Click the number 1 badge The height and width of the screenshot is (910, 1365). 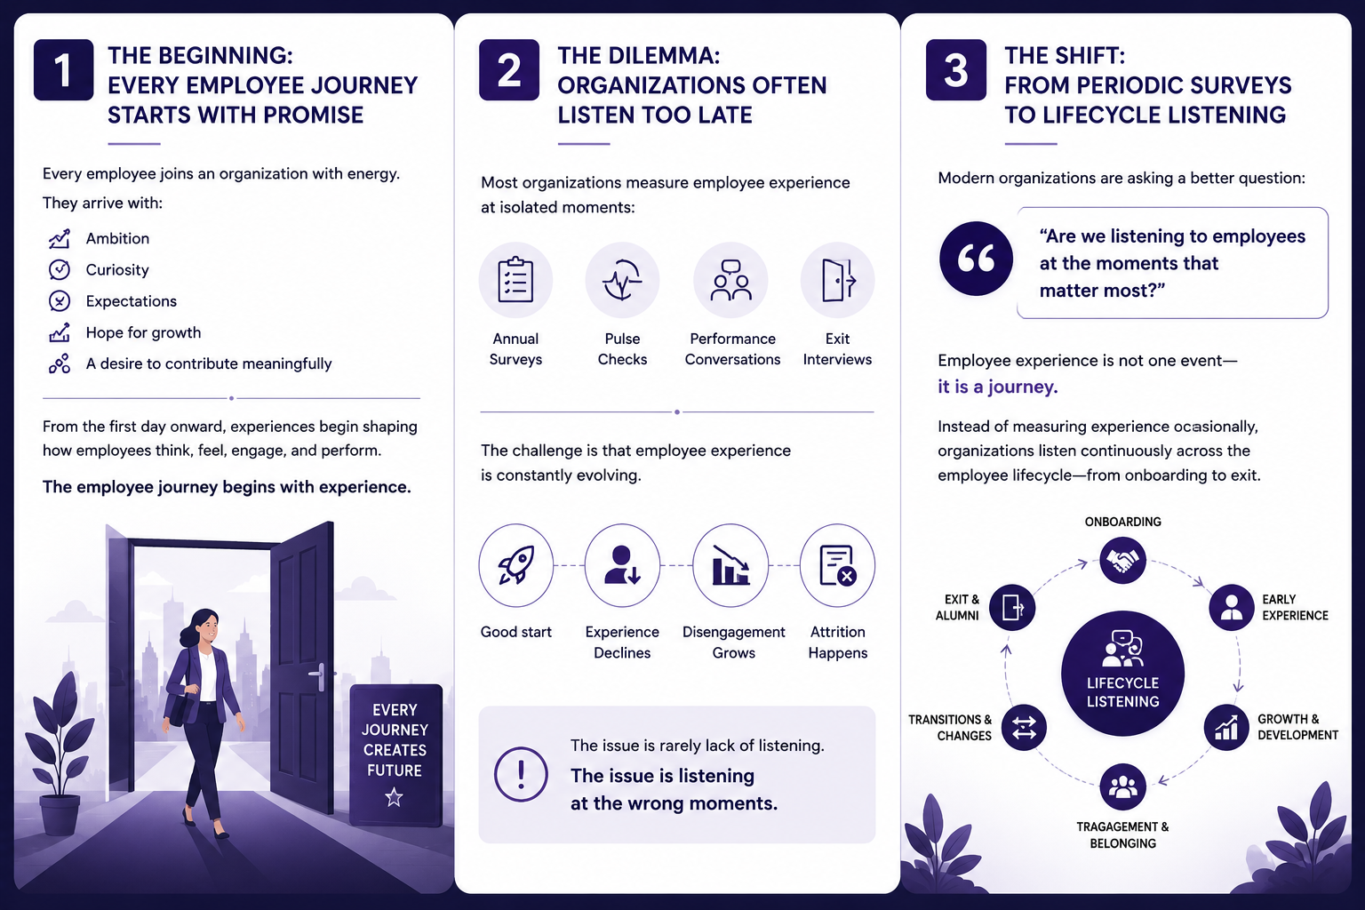pyautogui.click(x=63, y=69)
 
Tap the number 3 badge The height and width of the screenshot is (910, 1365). pyautogui.click(x=955, y=69)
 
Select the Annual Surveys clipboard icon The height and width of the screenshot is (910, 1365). pyautogui.click(x=515, y=280)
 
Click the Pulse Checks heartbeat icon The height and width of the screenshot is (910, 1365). pyautogui.click(x=622, y=280)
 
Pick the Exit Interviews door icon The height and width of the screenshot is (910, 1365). pyautogui.click(x=838, y=280)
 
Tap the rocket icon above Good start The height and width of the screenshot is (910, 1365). pyautogui.click(x=515, y=565)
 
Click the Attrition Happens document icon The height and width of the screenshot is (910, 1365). pyautogui.click(x=838, y=565)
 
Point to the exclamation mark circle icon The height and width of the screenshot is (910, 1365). pyautogui.click(x=521, y=774)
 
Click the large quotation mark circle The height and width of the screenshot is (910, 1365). pyautogui.click(x=977, y=259)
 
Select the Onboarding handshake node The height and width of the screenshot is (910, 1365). pyautogui.click(x=1122, y=560)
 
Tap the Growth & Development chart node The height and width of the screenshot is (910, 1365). pyautogui.click(x=1226, y=727)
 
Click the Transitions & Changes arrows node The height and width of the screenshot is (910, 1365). pyautogui.click(x=1024, y=727)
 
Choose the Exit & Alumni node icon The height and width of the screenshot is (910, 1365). pyautogui.click(x=1012, y=607)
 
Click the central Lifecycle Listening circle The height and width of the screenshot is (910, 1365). pyautogui.click(x=1122, y=674)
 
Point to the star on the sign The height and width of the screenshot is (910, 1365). pyautogui.click(x=395, y=796)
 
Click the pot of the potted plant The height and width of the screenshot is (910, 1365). pyautogui.click(x=60, y=814)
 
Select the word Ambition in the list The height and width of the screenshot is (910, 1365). pyautogui.click(x=117, y=238)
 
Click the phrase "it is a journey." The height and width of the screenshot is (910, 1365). pyautogui.click(x=998, y=387)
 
